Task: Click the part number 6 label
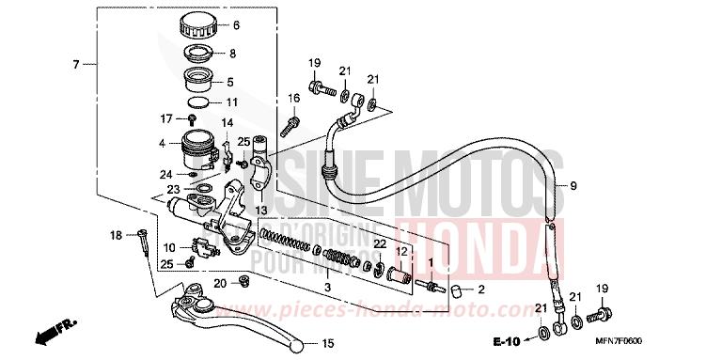[236, 25]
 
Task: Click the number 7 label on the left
[74, 65]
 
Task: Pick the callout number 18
[117, 234]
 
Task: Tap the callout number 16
[294, 97]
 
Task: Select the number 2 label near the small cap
[482, 289]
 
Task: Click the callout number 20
[219, 283]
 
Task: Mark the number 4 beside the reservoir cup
[162, 143]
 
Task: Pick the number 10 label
[169, 247]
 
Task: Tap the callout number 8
[233, 54]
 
